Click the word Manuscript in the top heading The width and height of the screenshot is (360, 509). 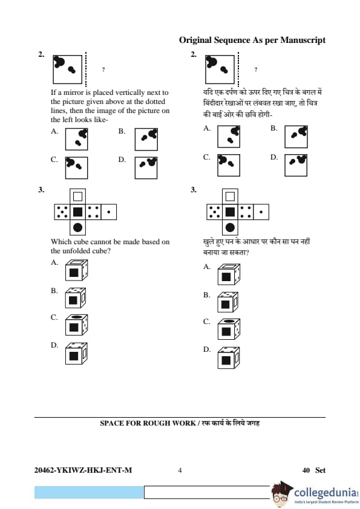[x=303, y=41]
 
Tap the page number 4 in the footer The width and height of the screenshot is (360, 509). [x=180, y=470]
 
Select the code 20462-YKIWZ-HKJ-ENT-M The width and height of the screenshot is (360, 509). [x=83, y=470]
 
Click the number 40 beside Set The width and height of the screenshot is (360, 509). [x=306, y=470]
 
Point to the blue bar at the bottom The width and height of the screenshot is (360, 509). [x=89, y=492]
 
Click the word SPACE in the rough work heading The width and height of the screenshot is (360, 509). [x=110, y=423]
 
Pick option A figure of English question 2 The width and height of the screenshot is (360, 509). [x=76, y=139]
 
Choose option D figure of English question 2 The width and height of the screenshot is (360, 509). [x=146, y=168]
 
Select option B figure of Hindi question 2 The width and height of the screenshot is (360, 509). [x=296, y=137]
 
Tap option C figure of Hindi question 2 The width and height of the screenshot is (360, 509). [x=229, y=165]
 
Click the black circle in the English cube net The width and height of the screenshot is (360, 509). [x=77, y=227]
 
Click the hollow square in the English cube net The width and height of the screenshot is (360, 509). [x=77, y=196]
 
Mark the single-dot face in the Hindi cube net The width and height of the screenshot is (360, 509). [x=261, y=212]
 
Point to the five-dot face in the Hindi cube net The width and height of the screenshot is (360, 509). [x=214, y=212]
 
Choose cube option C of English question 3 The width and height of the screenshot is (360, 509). [x=76, y=325]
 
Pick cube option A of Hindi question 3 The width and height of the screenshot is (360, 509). [x=229, y=274]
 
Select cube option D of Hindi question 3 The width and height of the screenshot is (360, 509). [x=229, y=357]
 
